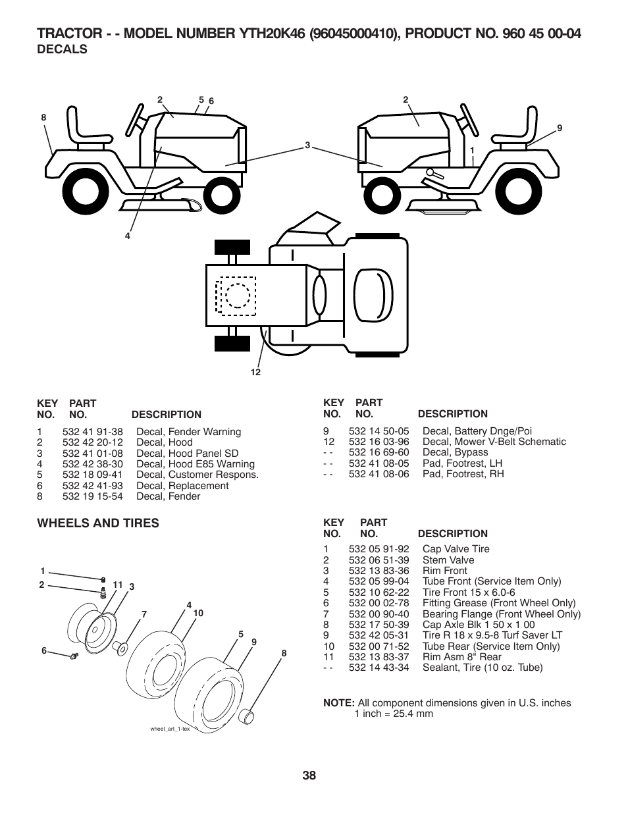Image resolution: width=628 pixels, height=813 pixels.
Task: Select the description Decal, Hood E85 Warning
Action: tap(195, 464)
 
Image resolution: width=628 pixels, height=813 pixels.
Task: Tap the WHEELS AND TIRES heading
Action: tap(97, 523)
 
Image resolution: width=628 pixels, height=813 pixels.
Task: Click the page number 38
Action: tap(309, 775)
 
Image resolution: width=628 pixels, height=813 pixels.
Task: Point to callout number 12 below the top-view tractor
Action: tap(255, 373)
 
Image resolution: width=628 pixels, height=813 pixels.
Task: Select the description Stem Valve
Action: tap(448, 560)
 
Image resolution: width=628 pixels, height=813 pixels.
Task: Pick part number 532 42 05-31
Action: tap(379, 635)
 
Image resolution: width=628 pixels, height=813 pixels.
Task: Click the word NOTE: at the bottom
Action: tap(338, 703)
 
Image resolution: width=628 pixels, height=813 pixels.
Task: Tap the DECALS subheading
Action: tap(62, 49)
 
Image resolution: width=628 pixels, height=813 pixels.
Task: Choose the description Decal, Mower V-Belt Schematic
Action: tap(494, 442)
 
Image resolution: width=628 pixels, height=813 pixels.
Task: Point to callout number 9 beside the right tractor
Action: tap(560, 128)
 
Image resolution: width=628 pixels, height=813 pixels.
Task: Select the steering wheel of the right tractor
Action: tap(468, 118)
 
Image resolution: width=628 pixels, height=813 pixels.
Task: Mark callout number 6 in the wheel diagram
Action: tap(44, 650)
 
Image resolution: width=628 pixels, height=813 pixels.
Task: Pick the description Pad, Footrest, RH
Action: tap(463, 474)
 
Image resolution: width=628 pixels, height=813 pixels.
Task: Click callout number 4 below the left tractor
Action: tap(128, 236)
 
